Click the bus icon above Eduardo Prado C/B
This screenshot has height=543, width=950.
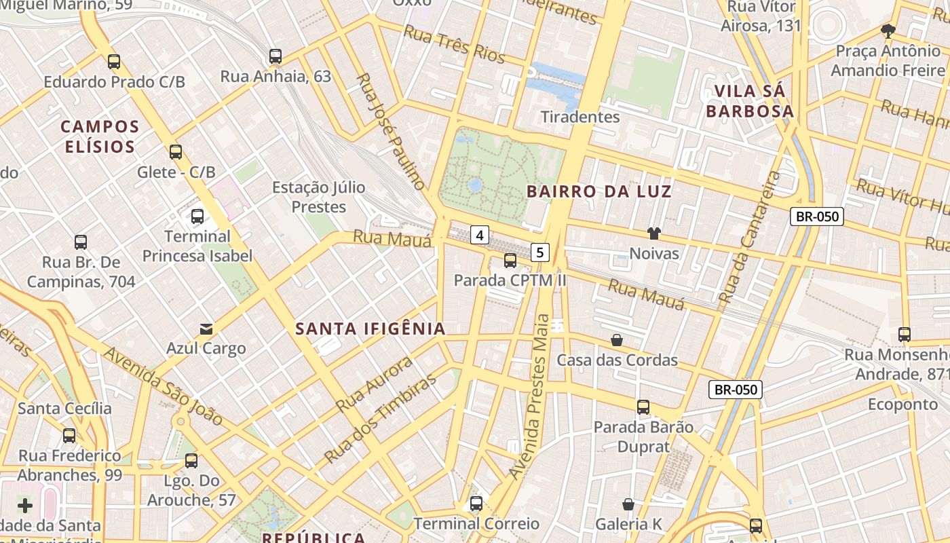(114, 62)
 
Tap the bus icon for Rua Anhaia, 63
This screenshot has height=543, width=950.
(275, 56)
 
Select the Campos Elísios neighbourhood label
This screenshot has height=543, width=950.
(100, 136)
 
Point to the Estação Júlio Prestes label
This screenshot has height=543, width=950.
(319, 197)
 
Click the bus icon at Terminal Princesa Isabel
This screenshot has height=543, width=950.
(197, 217)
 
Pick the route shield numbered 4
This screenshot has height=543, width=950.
(480, 236)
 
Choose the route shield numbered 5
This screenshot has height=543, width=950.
(539, 252)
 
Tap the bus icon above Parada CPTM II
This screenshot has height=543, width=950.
(510, 260)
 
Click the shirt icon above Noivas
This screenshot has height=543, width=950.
(653, 233)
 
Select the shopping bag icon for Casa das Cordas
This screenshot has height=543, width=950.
(617, 339)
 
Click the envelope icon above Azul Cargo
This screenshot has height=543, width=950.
(206, 329)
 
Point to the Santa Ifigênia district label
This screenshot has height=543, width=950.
(370, 329)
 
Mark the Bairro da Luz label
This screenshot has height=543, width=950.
(598, 191)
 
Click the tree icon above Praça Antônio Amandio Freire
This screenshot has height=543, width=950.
(888, 31)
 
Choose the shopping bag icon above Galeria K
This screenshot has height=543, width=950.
(628, 504)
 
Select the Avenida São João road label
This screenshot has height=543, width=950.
(163, 387)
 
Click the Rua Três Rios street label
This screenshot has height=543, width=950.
(454, 44)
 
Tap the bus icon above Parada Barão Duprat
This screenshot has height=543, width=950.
(643, 407)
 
